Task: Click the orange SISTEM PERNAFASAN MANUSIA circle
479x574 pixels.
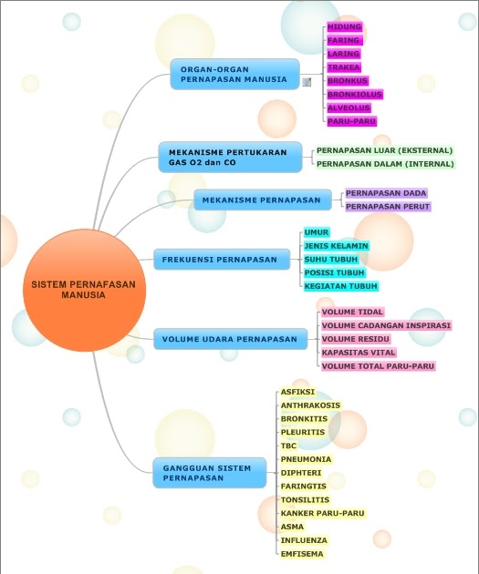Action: point(84,290)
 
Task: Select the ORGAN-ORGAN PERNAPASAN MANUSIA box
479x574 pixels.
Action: point(234,75)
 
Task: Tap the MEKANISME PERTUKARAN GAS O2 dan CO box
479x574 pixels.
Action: point(230,158)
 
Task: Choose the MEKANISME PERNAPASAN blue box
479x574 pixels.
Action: point(263,200)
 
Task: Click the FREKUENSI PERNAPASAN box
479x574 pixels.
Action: point(222,260)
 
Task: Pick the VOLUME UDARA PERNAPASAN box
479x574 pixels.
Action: point(230,339)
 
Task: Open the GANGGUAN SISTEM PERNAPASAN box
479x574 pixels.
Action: point(209,473)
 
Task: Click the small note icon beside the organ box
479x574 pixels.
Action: point(307,82)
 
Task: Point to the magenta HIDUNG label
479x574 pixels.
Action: point(345,26)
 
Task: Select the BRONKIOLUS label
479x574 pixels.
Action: point(355,95)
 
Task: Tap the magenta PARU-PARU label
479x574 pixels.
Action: point(352,121)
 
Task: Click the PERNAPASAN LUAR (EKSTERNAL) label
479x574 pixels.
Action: point(384,150)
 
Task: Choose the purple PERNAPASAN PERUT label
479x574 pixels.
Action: point(388,207)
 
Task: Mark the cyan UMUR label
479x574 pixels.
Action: point(317,232)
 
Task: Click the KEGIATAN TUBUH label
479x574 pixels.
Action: point(341,286)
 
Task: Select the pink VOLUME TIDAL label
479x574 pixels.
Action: point(352,312)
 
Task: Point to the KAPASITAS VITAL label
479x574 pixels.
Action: point(359,353)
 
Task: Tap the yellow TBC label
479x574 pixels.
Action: point(288,446)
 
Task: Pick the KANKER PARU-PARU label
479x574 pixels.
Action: point(322,513)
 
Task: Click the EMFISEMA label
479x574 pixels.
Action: point(302,554)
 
